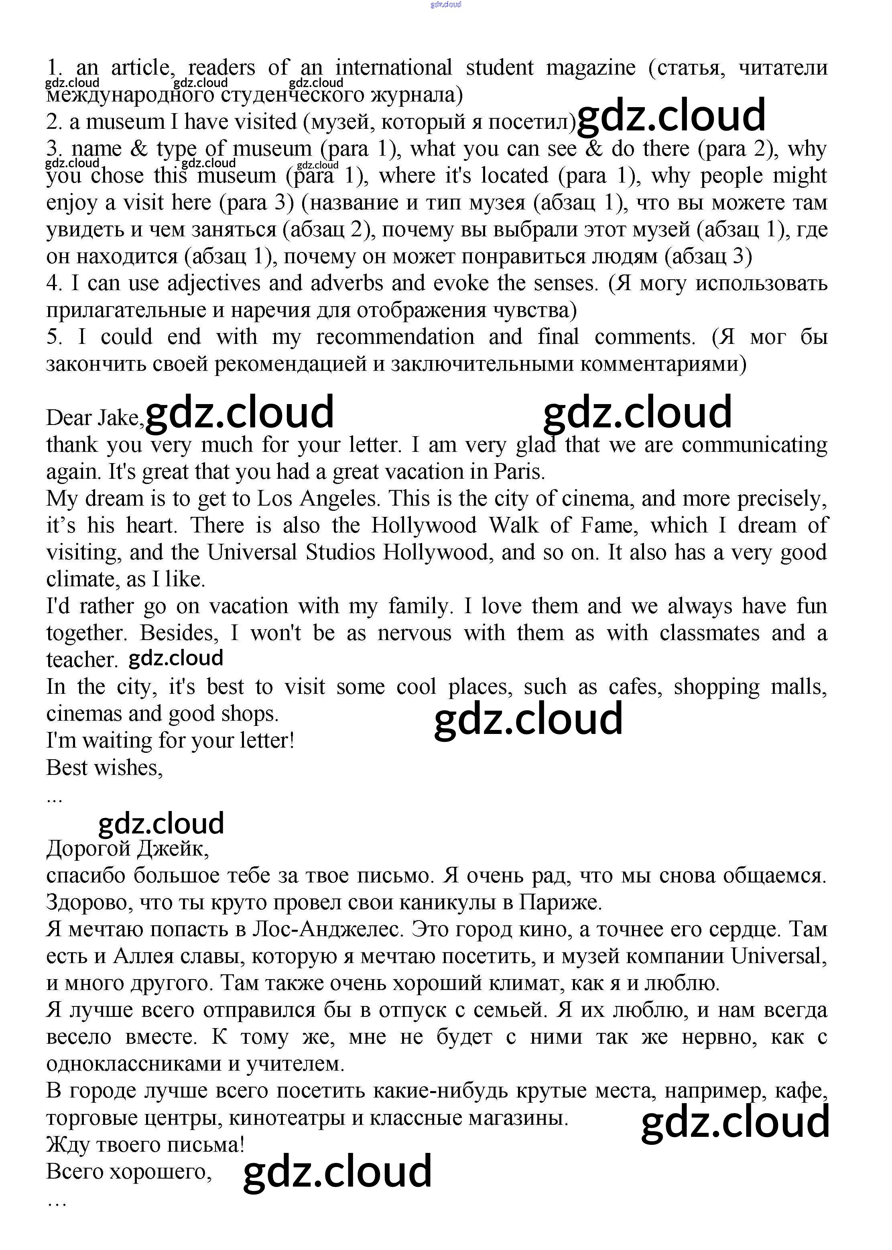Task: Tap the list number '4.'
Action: [54, 283]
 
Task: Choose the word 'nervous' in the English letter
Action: [414, 633]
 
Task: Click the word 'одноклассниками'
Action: [136, 1064]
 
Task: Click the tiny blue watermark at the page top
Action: [445, 4]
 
